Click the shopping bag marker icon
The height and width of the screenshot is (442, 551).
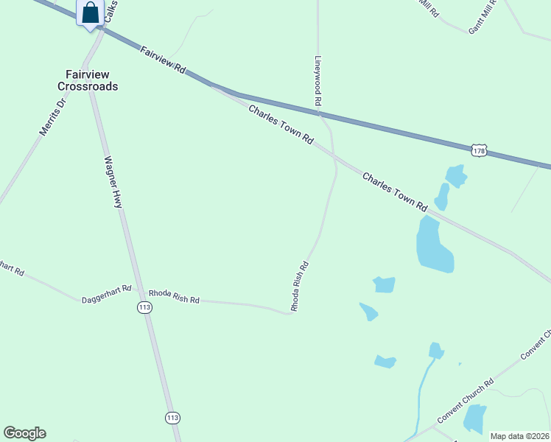coord(90,13)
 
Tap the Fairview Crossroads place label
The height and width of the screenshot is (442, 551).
coord(88,80)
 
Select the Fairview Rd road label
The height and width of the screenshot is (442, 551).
coord(163,58)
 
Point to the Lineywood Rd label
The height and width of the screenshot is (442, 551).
coord(319,82)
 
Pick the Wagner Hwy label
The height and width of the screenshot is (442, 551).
coord(113,181)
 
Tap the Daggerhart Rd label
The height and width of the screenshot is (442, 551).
coord(106,294)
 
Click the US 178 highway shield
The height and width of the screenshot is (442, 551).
coord(480,150)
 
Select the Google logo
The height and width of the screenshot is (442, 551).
coord(24,433)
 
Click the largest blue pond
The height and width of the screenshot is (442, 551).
coord(434,245)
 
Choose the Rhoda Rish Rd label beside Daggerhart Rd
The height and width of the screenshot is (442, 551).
coord(174,297)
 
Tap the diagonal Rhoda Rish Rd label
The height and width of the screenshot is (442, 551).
coord(299,286)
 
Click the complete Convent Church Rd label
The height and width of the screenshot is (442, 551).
coord(465,401)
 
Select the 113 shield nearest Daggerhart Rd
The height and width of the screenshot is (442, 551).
coord(144,307)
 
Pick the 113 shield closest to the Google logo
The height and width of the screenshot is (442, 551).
coord(172,418)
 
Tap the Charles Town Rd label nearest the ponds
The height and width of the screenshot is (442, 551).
coord(395,191)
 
